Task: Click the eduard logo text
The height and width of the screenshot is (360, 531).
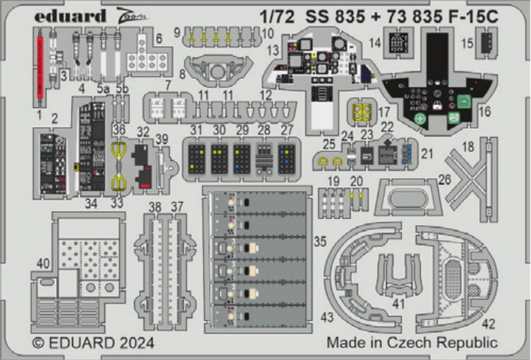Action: tap(70, 16)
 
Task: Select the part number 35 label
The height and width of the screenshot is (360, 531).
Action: tap(320, 241)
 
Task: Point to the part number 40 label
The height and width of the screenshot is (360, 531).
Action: tap(43, 264)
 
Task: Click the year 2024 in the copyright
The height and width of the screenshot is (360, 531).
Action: tap(137, 343)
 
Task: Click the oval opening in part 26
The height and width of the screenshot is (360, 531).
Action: tap(408, 200)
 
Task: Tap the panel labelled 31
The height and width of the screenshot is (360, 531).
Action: tap(196, 159)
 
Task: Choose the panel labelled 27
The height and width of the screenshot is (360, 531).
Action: tap(286, 159)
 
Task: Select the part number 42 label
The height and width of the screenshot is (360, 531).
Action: tap(488, 324)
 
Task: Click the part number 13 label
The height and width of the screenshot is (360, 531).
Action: tap(273, 50)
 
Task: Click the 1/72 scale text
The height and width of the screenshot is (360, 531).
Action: tap(277, 17)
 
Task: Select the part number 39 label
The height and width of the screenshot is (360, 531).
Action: tap(162, 139)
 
